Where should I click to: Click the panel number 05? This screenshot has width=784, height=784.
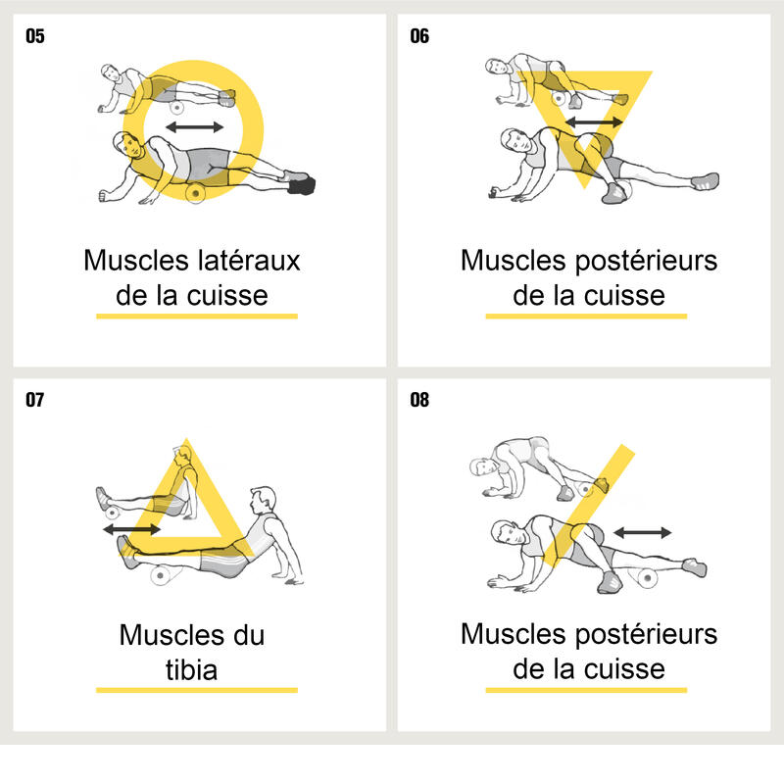click(x=35, y=36)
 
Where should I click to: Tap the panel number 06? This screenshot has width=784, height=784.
click(x=419, y=36)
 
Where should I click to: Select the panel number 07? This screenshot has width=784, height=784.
click(x=35, y=400)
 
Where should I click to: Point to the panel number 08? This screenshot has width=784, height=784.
click(x=419, y=400)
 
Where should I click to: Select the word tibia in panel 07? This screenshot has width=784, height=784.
click(x=191, y=670)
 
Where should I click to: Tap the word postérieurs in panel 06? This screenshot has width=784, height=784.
click(x=647, y=262)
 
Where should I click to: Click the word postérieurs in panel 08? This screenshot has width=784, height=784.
click(x=647, y=635)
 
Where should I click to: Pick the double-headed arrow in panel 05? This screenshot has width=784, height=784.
click(x=194, y=127)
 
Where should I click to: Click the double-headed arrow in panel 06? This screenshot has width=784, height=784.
click(x=594, y=122)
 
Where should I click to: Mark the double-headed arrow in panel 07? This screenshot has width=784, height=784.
click(x=131, y=529)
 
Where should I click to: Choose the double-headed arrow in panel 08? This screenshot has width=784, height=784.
click(x=643, y=533)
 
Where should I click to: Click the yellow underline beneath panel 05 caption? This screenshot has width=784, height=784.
click(x=197, y=316)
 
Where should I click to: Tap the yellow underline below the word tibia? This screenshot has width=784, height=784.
click(x=197, y=690)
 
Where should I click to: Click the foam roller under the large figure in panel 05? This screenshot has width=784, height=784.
click(x=195, y=192)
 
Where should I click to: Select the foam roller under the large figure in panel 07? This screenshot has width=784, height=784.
click(x=161, y=575)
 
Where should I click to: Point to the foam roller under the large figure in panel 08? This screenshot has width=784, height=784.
click(x=647, y=578)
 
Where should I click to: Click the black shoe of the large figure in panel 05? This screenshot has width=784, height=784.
click(x=302, y=186)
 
